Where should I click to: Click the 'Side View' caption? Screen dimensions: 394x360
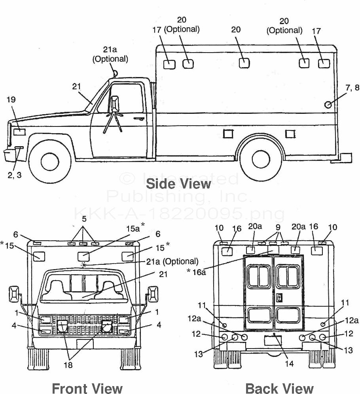click(x=178, y=184)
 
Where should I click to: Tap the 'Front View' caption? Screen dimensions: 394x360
click(x=87, y=388)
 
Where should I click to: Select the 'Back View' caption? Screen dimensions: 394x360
click(x=279, y=388)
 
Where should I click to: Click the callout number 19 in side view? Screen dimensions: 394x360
click(x=11, y=100)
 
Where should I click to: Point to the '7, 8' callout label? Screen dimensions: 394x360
click(x=352, y=88)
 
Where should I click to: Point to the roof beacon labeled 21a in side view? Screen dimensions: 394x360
click(x=115, y=73)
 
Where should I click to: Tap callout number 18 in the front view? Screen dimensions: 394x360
click(x=68, y=365)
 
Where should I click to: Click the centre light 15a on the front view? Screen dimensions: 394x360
click(x=83, y=256)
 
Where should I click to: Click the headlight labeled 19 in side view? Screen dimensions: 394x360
click(x=19, y=132)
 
